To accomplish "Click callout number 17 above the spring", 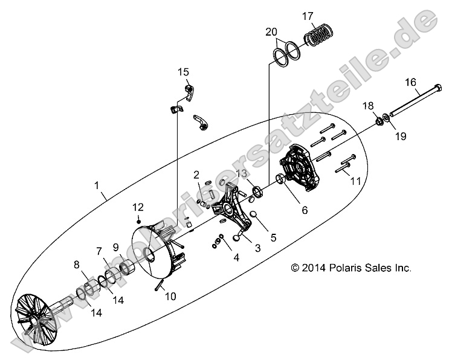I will pyautogui.click(x=324, y=15).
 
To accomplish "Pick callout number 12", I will pyautogui.click(x=138, y=207).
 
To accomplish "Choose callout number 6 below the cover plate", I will pyautogui.click(x=305, y=211).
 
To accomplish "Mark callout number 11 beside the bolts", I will pyautogui.click(x=355, y=180).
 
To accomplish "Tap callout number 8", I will pyautogui.click(x=77, y=264).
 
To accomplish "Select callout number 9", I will pyautogui.click(x=116, y=247).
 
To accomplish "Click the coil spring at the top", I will pyautogui.click(x=321, y=37).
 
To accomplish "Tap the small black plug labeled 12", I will pyautogui.click(x=138, y=218).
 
